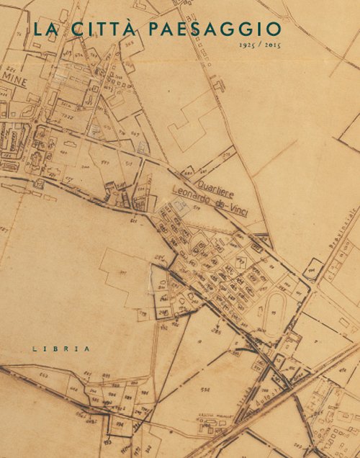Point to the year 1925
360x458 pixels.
coord(248,45)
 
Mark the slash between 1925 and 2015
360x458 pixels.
coord(261,45)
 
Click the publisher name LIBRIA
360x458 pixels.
coord(61,348)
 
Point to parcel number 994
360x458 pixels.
coord(112,395)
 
